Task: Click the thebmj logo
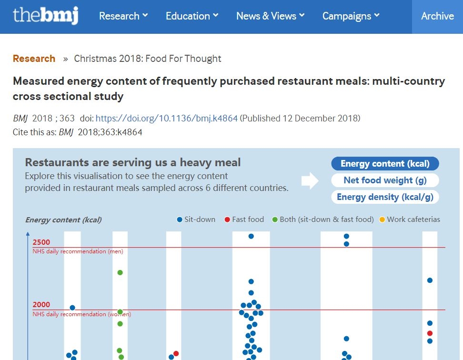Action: [x=46, y=16]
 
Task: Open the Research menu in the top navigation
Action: [x=123, y=16]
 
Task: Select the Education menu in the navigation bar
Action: [x=192, y=16]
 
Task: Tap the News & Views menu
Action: [x=270, y=16]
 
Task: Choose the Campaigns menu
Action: [x=351, y=16]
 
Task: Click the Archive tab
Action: [x=437, y=16]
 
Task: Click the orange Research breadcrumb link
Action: [x=34, y=59]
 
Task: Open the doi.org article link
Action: [x=167, y=119]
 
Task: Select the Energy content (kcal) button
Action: [x=385, y=164]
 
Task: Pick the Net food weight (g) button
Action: [x=385, y=180]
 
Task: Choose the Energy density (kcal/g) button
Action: [x=385, y=197]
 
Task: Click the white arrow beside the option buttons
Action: [x=310, y=181]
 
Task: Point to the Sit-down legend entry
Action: [x=196, y=220]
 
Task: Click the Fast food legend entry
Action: [x=244, y=220]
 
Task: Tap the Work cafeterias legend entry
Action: [x=409, y=220]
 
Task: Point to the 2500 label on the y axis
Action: [x=41, y=242]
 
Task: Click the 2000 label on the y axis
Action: [x=41, y=305]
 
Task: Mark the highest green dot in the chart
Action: [x=120, y=272]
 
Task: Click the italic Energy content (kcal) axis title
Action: [x=63, y=220]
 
